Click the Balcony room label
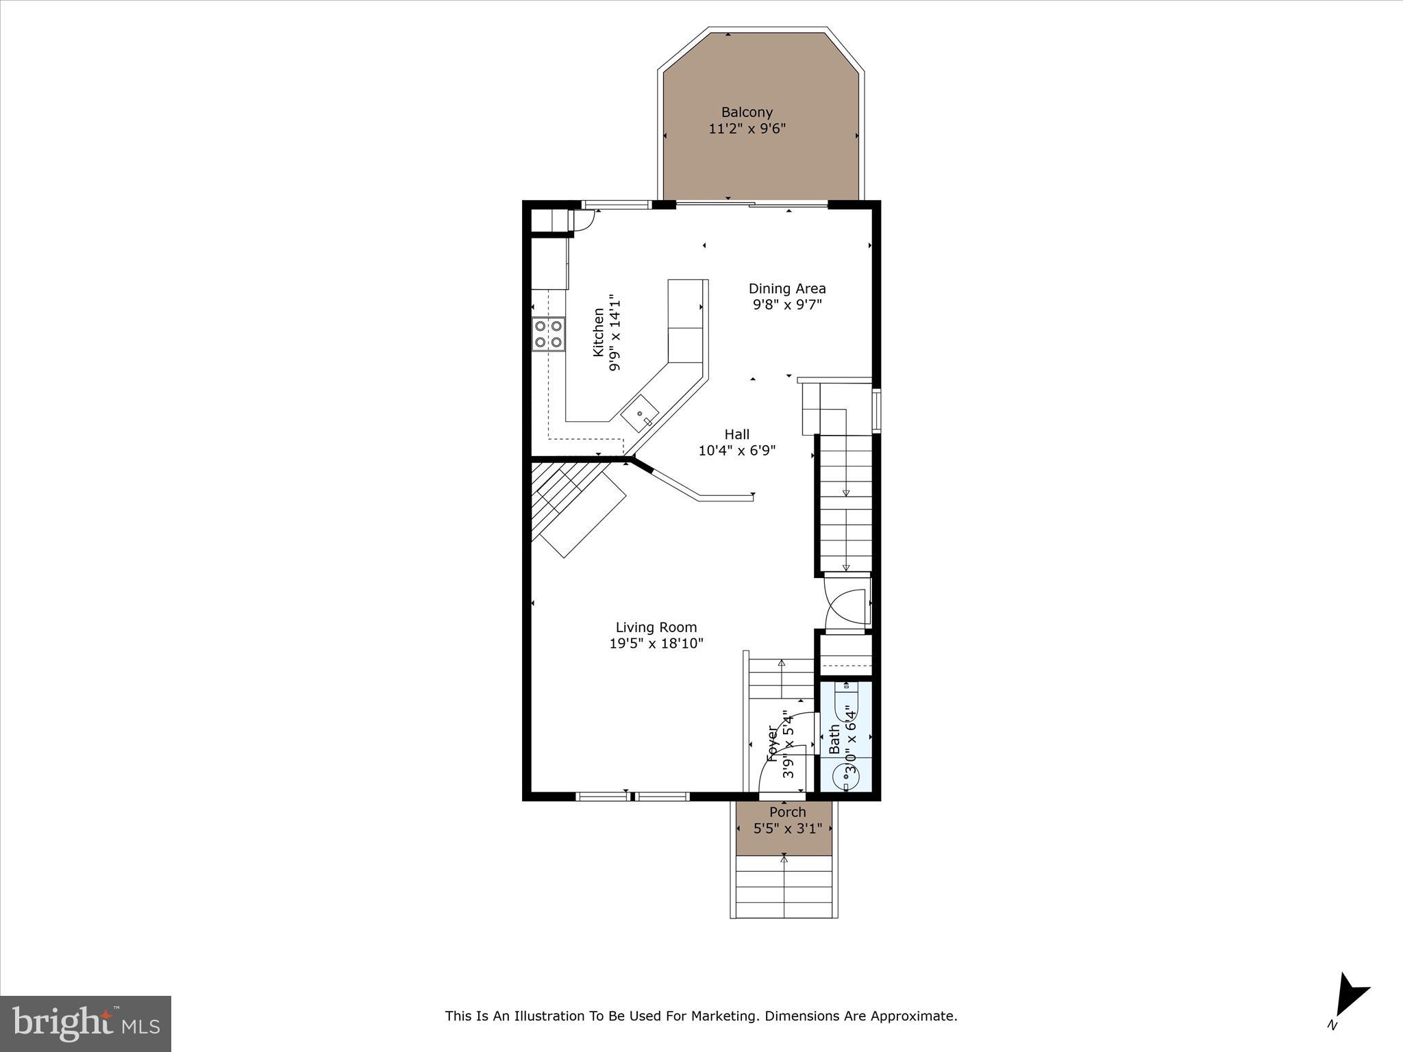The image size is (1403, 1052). tap(747, 112)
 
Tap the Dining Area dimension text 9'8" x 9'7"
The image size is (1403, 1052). tap(787, 305)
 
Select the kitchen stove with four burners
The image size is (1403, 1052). tap(549, 334)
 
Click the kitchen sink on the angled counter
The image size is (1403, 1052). tap(640, 414)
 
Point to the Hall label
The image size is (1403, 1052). tap(737, 434)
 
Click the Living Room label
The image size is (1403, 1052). tap(656, 627)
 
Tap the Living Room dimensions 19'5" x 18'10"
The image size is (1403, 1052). tap(656, 644)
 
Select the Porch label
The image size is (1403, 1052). tap(787, 812)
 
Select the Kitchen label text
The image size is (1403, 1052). tap(599, 332)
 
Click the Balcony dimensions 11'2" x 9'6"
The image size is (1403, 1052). tap(747, 129)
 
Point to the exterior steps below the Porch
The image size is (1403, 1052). tap(784, 888)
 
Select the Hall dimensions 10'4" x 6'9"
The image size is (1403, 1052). tap(737, 451)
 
